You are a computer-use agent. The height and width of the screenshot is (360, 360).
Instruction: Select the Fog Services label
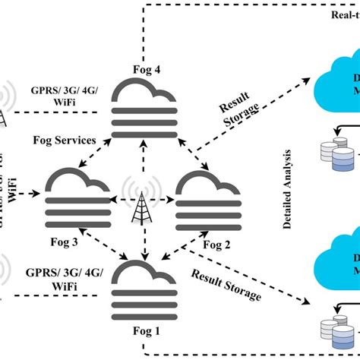pos(65,140)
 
